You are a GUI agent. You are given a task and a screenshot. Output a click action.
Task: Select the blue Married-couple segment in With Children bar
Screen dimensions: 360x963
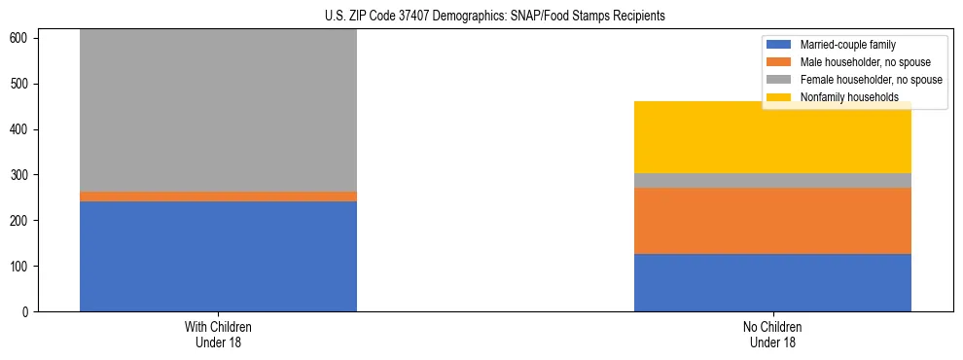tap(218, 256)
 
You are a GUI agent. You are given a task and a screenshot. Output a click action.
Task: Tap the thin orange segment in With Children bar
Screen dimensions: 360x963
tap(218, 197)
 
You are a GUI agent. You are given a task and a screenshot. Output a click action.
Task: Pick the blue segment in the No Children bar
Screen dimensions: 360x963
tap(772, 282)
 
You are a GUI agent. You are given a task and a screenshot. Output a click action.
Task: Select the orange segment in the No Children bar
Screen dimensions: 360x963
tap(772, 221)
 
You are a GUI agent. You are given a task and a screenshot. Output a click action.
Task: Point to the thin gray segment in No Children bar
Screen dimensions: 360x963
tap(772, 180)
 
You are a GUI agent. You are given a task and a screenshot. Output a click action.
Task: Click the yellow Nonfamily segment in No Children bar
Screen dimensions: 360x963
tap(772, 137)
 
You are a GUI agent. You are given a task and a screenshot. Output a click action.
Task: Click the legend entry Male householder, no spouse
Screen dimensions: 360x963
tap(857, 62)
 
